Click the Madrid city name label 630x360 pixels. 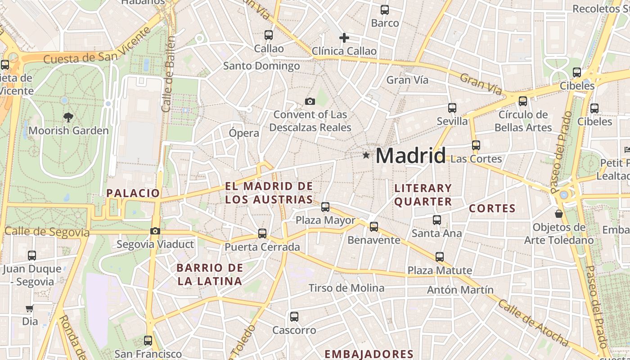click(x=410, y=156)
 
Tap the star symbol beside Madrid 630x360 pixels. click(x=366, y=155)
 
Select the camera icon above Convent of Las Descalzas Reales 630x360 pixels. click(x=310, y=101)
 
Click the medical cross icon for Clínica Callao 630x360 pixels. click(x=344, y=38)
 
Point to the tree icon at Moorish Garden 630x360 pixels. click(x=68, y=117)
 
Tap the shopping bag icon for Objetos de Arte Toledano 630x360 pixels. click(x=559, y=214)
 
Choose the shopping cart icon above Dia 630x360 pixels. click(x=30, y=309)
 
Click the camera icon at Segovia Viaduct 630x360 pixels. click(x=155, y=231)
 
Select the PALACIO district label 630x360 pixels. click(x=133, y=193)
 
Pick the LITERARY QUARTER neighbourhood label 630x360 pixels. click(x=423, y=195)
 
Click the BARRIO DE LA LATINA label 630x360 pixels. click(x=210, y=274)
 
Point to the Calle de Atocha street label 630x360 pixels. click(x=534, y=321)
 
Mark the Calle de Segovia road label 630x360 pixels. click(x=47, y=232)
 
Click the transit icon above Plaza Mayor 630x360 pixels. click(x=325, y=207)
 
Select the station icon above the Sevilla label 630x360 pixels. click(x=452, y=108)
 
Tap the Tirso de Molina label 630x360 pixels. click(x=346, y=288)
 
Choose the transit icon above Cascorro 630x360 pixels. click(x=294, y=317)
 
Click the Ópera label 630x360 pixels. click(x=244, y=133)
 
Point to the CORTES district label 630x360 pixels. click(x=492, y=208)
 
